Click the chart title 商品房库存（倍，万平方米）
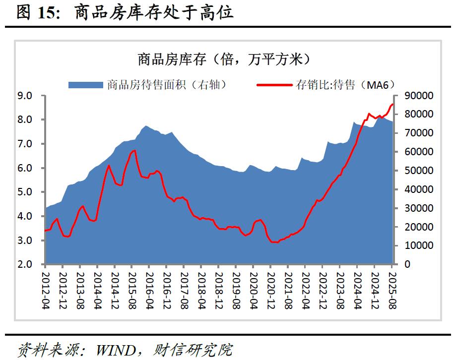click(x=224, y=60)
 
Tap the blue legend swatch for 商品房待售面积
click(x=86, y=85)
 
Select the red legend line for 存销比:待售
click(x=275, y=85)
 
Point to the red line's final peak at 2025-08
click(x=392, y=104)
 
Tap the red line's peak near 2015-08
click(x=134, y=150)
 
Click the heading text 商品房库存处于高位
click(x=154, y=12)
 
